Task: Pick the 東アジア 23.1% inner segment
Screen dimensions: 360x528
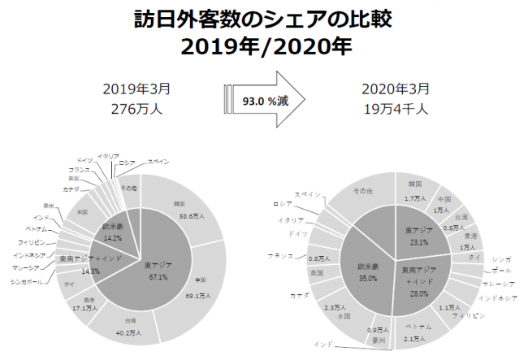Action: (x=419, y=236)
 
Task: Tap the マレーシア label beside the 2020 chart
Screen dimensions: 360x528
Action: (x=496, y=284)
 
